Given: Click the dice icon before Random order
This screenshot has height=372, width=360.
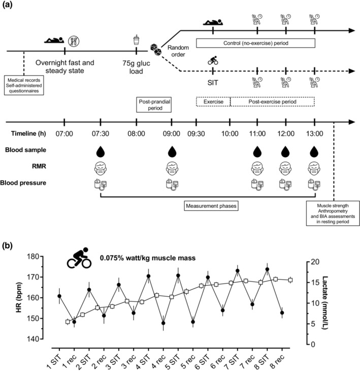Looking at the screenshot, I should coord(155,48).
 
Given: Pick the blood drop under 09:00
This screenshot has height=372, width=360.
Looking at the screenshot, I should coord(172,151).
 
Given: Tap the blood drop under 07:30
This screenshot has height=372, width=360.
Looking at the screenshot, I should coord(101,151).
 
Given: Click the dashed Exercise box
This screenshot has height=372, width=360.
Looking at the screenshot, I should coord(213,102).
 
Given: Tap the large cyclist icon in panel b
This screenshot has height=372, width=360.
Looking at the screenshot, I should coord(80,257).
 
